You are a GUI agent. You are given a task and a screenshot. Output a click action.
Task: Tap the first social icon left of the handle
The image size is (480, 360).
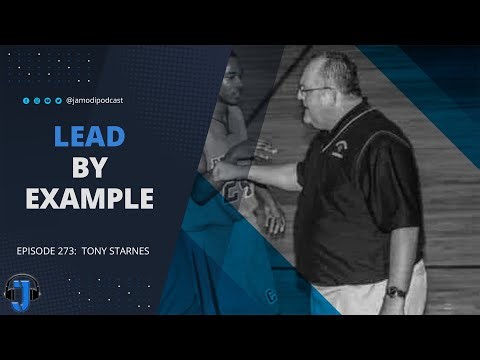pyautogui.click(x=26, y=100)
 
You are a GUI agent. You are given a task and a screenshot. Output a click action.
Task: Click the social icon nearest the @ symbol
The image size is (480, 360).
pyautogui.click(x=59, y=100)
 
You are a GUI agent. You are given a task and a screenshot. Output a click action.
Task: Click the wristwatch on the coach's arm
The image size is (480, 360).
pyautogui.click(x=396, y=292)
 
